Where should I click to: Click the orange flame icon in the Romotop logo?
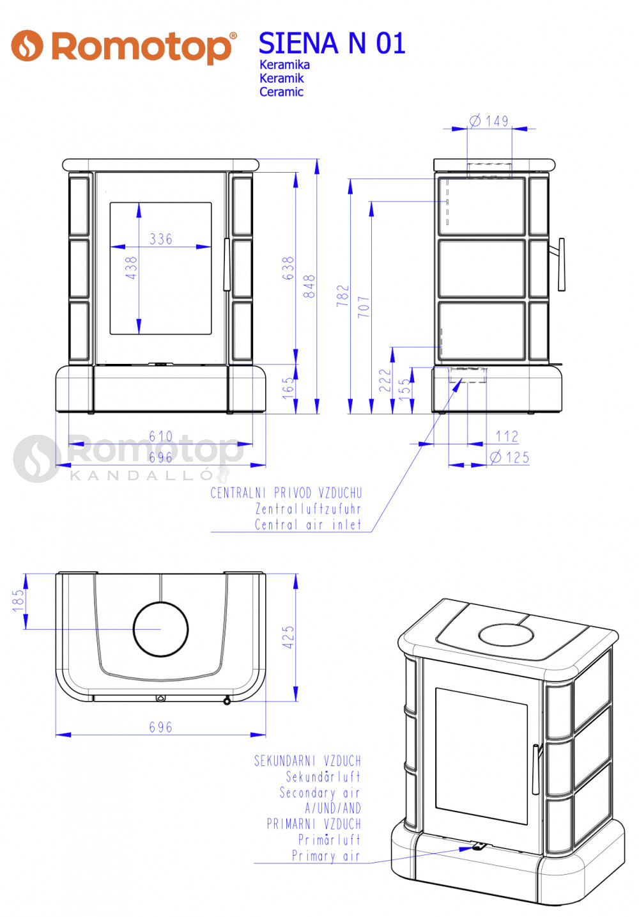click(27, 45)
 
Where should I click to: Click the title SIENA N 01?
click(332, 43)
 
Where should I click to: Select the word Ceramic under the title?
click(281, 91)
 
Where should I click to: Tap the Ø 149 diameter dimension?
click(489, 121)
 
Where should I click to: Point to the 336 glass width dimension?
click(161, 239)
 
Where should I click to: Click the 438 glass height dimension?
click(132, 268)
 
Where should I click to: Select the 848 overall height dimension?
click(309, 286)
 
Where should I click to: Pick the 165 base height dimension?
click(288, 388)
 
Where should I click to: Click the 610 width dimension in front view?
click(161, 436)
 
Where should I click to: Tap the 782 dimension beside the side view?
click(343, 295)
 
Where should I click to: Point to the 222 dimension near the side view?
click(385, 380)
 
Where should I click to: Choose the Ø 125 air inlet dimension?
click(509, 457)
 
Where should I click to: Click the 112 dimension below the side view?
click(507, 436)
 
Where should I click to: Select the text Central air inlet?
click(308, 524)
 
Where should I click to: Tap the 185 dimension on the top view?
click(19, 600)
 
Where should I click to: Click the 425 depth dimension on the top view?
click(288, 637)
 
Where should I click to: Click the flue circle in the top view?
click(161, 629)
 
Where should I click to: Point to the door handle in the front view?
click(226, 265)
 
